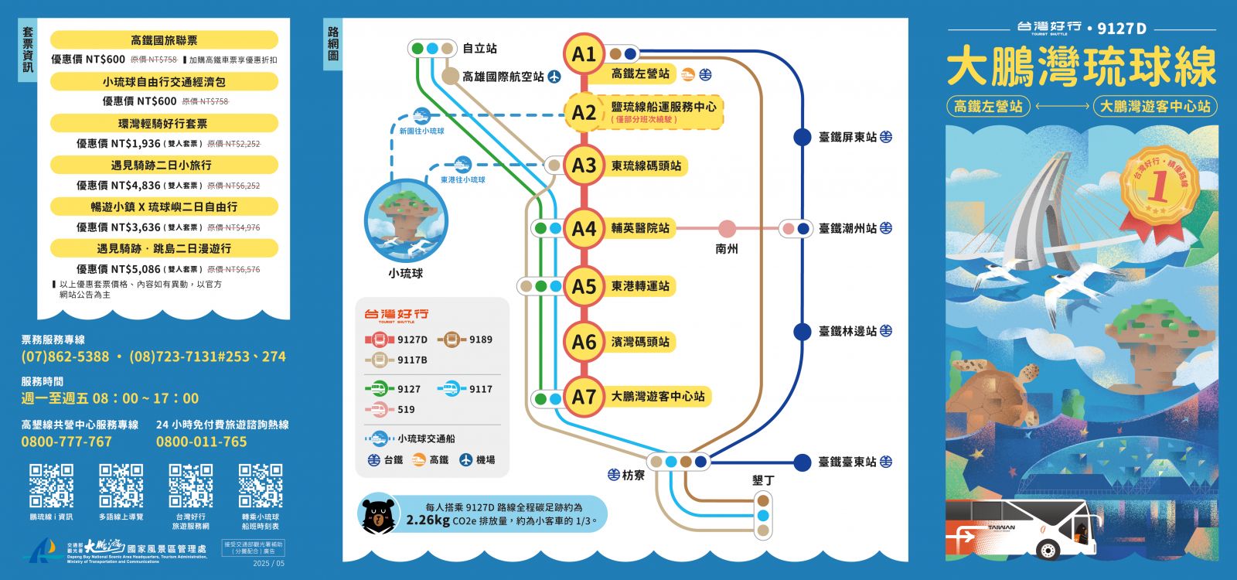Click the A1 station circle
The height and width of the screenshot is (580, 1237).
pos(584,54)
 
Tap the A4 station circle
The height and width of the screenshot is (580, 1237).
pos(584,228)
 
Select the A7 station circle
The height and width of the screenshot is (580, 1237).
pos(584,397)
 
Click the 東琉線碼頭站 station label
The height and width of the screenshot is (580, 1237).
pos(646,165)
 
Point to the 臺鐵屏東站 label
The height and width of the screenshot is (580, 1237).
pos(847,138)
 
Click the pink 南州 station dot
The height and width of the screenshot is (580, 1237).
pos(727,228)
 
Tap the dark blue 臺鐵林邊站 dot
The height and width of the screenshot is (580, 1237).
pos(803,331)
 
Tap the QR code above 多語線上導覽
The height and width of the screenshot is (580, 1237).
pos(121,486)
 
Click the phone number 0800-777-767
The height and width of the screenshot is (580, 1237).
pos(66,442)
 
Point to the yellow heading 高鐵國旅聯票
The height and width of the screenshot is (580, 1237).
pos(164,40)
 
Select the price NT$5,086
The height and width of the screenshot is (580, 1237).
pos(118,269)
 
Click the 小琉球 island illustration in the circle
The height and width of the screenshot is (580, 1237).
pos(406,221)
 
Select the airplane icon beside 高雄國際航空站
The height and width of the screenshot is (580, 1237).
pos(554,77)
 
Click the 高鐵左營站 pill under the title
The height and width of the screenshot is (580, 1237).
pos(988,106)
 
